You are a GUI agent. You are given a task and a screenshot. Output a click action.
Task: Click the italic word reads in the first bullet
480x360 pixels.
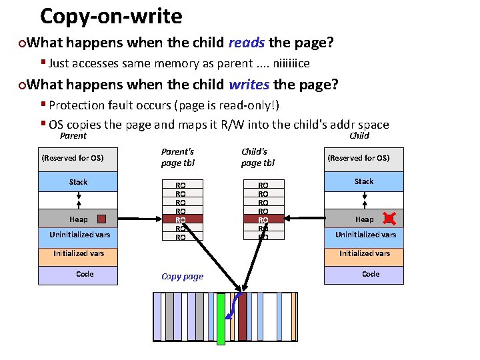(247, 43)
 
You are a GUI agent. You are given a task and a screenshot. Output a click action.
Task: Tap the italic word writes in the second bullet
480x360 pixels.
(249, 85)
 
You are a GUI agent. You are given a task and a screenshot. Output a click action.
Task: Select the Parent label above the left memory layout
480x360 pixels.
(73, 135)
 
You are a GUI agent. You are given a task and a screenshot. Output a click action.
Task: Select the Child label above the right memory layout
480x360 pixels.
(359, 135)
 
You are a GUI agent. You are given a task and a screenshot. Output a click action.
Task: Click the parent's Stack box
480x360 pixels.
(78, 182)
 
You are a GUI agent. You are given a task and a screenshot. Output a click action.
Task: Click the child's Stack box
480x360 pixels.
(364, 181)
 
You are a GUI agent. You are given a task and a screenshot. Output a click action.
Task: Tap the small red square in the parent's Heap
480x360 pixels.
(101, 219)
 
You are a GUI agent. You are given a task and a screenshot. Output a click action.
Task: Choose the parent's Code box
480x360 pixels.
(78, 275)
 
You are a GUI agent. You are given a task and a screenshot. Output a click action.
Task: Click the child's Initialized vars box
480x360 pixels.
(364, 253)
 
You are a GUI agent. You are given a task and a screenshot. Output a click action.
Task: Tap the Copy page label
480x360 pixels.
(182, 276)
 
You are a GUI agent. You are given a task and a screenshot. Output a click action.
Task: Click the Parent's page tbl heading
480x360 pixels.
(177, 157)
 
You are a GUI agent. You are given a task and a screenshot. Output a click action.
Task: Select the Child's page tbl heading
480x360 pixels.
(257, 157)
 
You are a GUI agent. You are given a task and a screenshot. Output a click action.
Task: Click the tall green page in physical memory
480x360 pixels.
(221, 319)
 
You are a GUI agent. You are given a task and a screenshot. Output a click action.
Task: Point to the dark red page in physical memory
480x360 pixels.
(242, 317)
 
